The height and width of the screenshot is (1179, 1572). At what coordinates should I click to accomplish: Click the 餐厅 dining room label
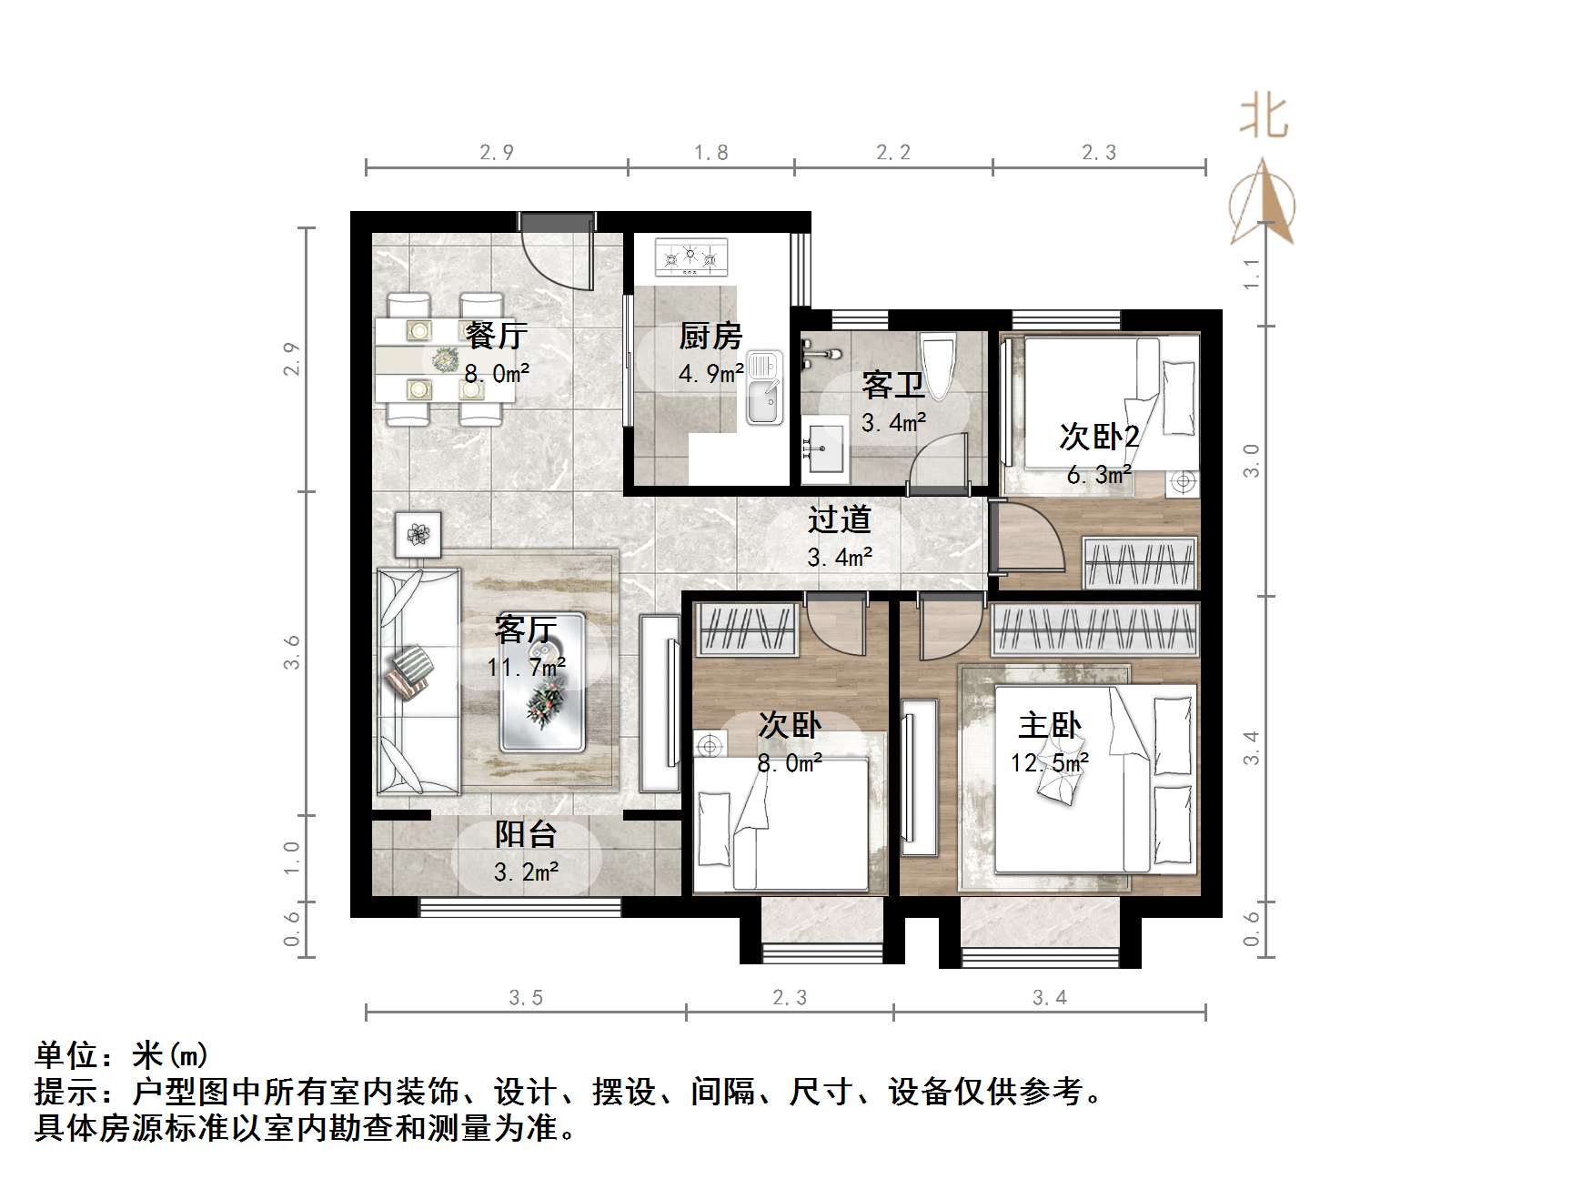point(496,336)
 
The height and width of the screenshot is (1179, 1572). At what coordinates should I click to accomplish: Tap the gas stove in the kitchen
point(691,257)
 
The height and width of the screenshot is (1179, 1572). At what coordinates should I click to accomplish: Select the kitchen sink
point(763,388)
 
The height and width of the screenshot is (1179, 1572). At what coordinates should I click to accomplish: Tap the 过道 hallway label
point(839,519)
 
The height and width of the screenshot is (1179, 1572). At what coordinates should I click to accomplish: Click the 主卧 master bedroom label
point(1049,725)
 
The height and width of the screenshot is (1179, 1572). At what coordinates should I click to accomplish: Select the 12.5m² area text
point(1049,762)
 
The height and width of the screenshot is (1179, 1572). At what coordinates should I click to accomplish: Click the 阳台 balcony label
point(526,834)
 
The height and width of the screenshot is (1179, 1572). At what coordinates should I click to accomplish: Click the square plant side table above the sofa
point(418,534)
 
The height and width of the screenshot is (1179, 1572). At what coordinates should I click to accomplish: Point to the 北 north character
point(1263,117)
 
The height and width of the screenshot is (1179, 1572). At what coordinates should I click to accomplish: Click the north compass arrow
point(1263,204)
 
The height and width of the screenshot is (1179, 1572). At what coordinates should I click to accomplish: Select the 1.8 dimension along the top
point(710,153)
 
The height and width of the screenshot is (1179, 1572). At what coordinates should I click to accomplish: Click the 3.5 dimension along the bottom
point(526,998)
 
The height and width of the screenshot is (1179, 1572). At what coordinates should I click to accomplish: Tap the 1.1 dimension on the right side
point(1252,274)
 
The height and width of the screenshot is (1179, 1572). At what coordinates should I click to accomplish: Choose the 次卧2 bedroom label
point(1099,437)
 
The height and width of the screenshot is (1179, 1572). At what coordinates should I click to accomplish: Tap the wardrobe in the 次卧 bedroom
point(746,628)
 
